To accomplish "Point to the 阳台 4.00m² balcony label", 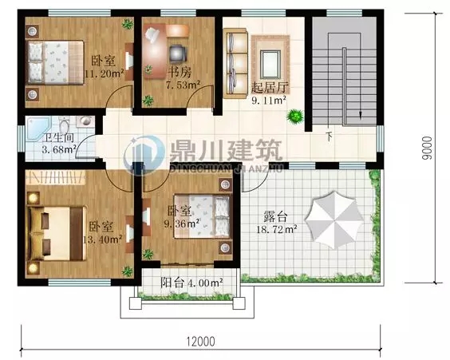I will click(x=191, y=282).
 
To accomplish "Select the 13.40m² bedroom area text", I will click(x=105, y=238).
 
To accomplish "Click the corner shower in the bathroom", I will click(x=38, y=127).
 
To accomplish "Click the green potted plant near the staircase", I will click(x=296, y=117).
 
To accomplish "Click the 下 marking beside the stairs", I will click(x=330, y=136).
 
